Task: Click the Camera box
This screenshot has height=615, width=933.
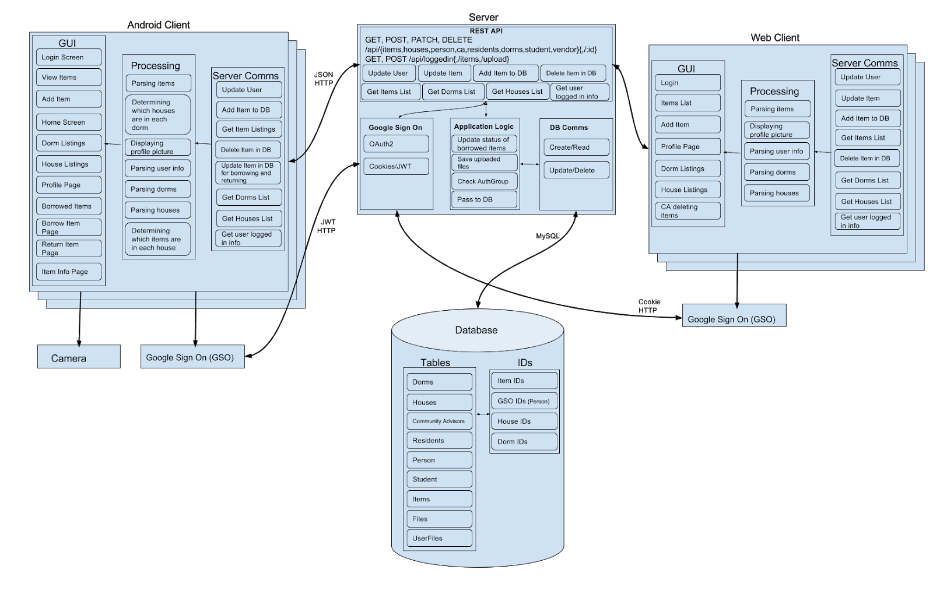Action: (79, 357)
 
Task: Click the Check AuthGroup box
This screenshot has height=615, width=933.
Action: (484, 181)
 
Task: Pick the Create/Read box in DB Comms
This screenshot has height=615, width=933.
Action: (576, 147)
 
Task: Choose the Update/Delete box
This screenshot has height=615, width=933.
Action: (576, 170)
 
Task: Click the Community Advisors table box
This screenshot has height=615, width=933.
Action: (439, 421)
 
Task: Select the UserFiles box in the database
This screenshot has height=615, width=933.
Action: (439, 538)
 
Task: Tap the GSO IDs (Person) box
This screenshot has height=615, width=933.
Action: (524, 401)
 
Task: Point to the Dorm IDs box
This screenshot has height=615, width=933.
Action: (524, 441)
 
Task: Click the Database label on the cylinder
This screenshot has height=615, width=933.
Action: (476, 330)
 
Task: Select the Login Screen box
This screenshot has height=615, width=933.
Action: (68, 57)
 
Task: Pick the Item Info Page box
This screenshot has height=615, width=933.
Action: (68, 272)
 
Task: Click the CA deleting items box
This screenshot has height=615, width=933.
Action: (688, 211)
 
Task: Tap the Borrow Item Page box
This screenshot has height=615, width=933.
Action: (68, 227)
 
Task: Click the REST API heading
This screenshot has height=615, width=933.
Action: (486, 31)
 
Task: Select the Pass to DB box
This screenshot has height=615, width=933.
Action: (484, 199)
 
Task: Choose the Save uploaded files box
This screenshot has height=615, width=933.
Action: (484, 163)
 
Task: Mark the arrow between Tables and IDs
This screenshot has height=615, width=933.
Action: (483, 414)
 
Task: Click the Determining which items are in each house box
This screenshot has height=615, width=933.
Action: (157, 239)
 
